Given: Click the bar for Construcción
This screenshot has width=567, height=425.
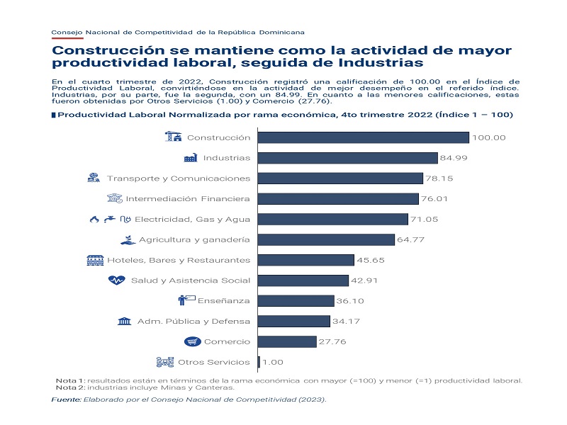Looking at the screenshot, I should point(364,137).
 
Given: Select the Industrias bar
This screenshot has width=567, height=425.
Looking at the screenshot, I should point(348,158).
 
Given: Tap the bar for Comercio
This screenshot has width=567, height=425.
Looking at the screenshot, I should point(287,341).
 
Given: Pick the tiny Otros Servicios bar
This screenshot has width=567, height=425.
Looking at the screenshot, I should point(259,362).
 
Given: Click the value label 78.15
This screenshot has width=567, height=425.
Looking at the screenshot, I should point(439,178).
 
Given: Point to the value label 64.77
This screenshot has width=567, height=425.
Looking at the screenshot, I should point(411,240).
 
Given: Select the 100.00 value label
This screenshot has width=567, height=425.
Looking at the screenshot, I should point(488,137).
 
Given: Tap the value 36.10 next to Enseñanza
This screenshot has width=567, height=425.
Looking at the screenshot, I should point(350,301).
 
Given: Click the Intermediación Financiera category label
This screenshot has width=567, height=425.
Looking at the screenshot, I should point(188,199).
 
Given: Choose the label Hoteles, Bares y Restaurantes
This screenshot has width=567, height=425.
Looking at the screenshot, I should point(179,260).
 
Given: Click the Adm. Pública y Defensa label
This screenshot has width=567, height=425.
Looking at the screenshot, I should point(193,322).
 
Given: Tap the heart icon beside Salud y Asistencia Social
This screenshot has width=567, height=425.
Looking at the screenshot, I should point(116,280).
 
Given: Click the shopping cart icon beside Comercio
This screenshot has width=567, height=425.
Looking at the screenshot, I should point(192,342).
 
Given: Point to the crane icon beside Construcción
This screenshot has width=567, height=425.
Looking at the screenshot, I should point(173,137).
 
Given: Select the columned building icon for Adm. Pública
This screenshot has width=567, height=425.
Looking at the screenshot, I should point(124,322).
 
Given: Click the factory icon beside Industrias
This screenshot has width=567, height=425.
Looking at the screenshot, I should point(190,158).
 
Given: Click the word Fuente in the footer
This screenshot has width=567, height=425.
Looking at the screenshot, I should point(66,400).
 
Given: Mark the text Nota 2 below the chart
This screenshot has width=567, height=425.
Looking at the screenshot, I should point(69,387).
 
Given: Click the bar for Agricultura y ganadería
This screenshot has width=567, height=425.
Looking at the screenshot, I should point(326,239).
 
